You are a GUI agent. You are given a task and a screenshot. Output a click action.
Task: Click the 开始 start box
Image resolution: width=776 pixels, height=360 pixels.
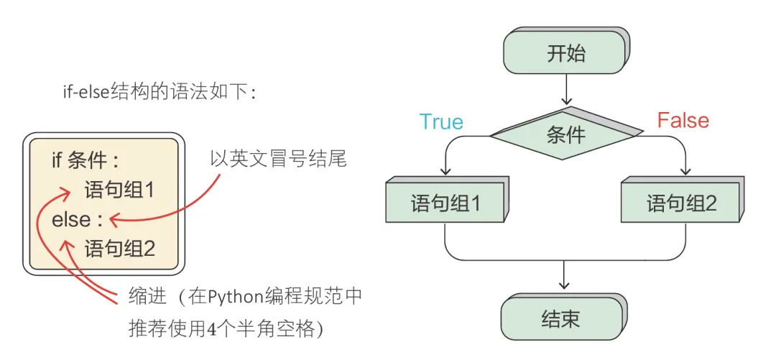tap(565, 53)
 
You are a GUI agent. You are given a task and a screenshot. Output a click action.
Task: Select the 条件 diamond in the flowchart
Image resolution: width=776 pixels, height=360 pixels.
tap(565, 134)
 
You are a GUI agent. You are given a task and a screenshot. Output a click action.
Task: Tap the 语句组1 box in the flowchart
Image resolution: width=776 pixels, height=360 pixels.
tap(445, 203)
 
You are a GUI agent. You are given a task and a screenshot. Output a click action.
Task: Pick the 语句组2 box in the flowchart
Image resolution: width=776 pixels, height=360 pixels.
tap(681, 203)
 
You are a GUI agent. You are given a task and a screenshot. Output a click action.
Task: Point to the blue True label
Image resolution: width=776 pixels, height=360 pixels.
tap(440, 121)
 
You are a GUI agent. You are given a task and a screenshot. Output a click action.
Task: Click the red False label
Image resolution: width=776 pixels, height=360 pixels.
tap(683, 120)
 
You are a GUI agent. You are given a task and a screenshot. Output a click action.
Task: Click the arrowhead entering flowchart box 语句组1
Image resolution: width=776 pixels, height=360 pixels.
tap(445, 172)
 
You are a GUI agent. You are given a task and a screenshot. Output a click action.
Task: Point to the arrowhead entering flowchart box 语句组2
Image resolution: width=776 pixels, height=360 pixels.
tap(685, 172)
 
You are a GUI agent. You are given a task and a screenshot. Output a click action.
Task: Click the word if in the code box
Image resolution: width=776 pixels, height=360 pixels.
tap(57, 160)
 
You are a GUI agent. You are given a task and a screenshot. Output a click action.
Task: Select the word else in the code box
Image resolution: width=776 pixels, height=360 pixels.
tap(70, 219)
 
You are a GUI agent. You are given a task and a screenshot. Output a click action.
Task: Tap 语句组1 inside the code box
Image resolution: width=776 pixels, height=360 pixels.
tap(119, 190)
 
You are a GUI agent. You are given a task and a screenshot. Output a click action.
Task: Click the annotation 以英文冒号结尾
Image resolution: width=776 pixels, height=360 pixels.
tap(278, 159)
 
